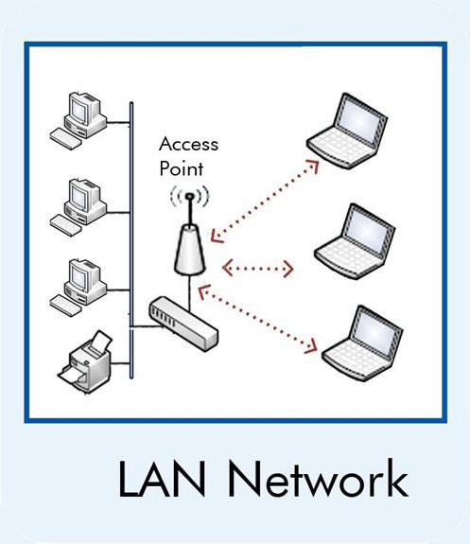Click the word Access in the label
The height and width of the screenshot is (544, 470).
point(189,144)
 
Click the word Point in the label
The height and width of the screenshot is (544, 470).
point(181,168)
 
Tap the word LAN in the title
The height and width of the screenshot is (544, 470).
point(162,479)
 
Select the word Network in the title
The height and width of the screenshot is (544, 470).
point(318,478)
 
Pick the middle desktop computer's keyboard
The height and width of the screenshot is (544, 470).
point(65,225)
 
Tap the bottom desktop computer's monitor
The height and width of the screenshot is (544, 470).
point(80,275)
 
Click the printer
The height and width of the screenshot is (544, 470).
point(86,361)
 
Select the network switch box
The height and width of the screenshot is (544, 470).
point(183,324)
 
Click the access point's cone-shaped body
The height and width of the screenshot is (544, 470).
point(189,250)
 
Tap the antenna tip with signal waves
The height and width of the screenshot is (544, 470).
point(189,197)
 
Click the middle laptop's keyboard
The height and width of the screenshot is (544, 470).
point(346,258)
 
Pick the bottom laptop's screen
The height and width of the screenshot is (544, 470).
point(375,332)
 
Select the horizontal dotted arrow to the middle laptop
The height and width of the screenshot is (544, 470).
point(258,268)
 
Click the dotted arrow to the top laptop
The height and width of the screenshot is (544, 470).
point(264,201)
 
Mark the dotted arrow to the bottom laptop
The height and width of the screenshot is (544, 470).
point(257,319)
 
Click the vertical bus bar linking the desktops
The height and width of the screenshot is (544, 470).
point(131,240)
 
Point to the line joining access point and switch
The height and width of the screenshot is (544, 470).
point(190,292)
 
